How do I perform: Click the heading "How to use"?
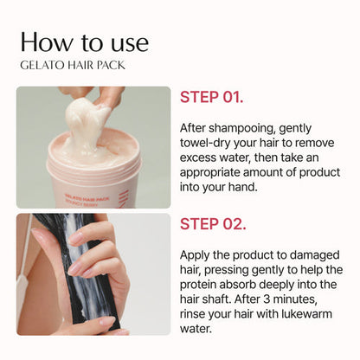coord(85,42)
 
